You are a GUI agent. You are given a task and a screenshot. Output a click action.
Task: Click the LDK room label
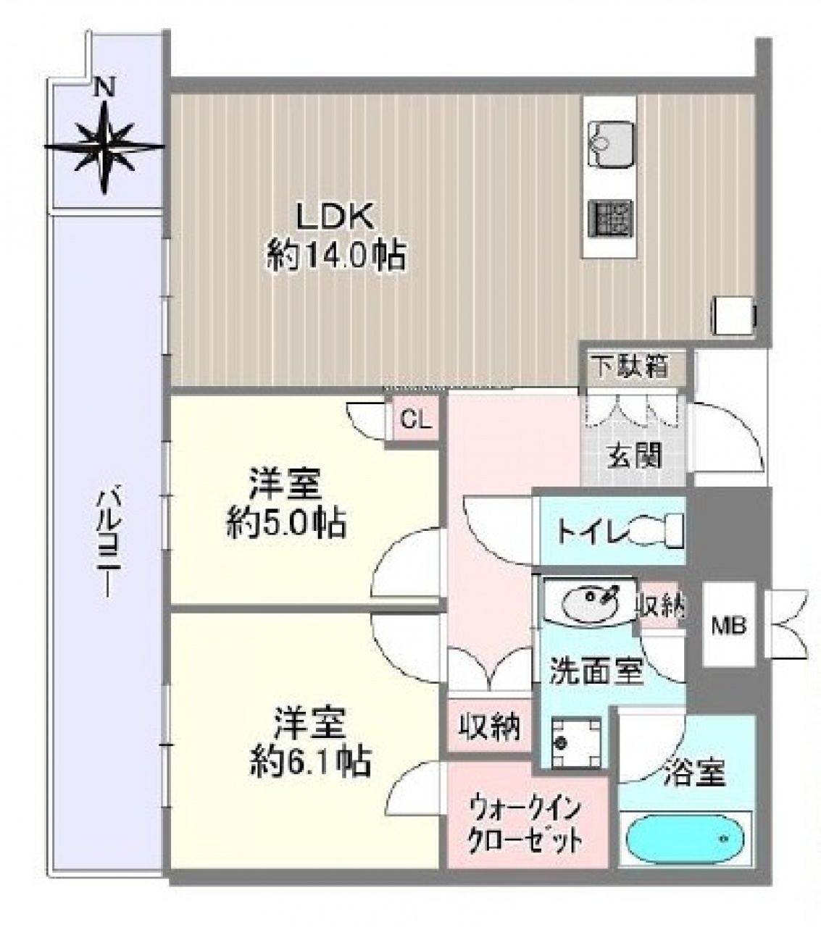coord(336,217)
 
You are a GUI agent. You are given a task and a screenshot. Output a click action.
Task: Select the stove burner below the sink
coord(611,222)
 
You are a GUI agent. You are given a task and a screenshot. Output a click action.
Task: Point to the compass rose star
coord(104,147)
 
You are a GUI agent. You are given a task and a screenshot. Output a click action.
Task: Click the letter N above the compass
coord(104,85)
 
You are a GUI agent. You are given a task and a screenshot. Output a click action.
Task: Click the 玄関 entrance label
coord(634,456)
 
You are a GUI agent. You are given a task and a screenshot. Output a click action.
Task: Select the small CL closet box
coord(416,419)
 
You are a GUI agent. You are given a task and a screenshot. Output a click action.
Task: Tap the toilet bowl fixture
coord(657,532)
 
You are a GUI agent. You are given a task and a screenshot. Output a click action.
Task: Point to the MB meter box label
coord(728,626)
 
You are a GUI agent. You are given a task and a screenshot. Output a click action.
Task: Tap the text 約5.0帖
coord(286,522)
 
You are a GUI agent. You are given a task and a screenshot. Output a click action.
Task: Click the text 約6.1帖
coord(310,761)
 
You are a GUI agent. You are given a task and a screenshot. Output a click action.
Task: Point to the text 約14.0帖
coord(336,256)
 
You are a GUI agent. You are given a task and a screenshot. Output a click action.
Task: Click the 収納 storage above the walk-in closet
coord(490,726)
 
